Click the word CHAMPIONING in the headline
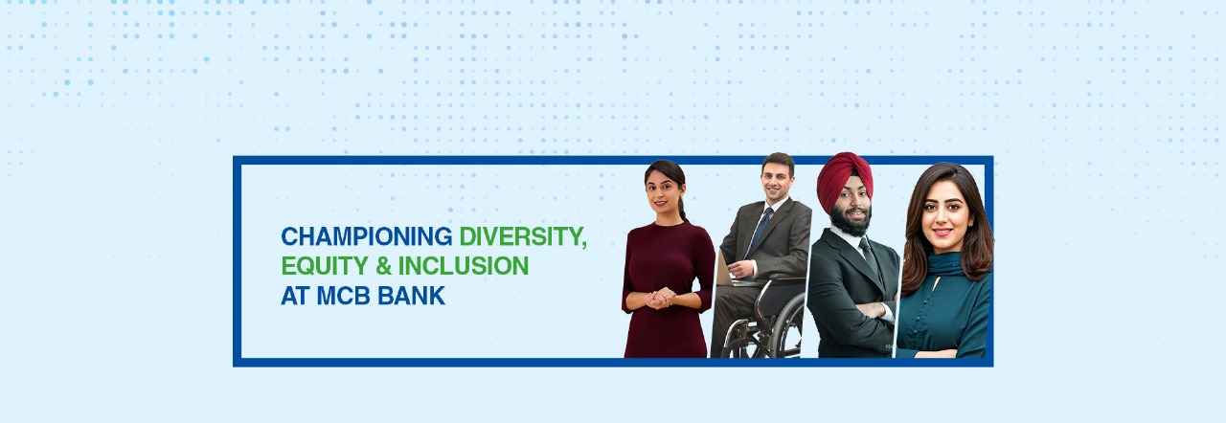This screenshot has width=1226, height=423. point(366,236)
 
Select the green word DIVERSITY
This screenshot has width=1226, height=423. point(522,236)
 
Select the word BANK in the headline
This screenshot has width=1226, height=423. point(416,296)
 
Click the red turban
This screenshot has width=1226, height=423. point(844,178)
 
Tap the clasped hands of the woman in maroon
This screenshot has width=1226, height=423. point(660,299)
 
